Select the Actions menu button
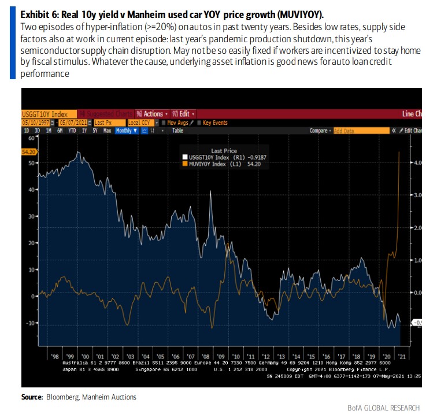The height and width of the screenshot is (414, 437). tap(152, 114)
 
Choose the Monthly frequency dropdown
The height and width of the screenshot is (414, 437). tap(126, 131)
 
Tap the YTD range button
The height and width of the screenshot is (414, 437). tap(72, 131)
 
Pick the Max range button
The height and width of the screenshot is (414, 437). tap(107, 131)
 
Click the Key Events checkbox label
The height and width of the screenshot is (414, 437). tap(214, 123)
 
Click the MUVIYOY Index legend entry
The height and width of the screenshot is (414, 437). tap(220, 164)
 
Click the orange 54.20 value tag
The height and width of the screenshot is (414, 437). tap(28, 151)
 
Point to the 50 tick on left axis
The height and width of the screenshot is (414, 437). tap(32, 164)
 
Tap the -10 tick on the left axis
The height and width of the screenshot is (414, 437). tap(31, 322)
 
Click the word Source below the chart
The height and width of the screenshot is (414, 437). tap(32, 397)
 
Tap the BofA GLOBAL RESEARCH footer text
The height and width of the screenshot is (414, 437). tap(387, 408)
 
